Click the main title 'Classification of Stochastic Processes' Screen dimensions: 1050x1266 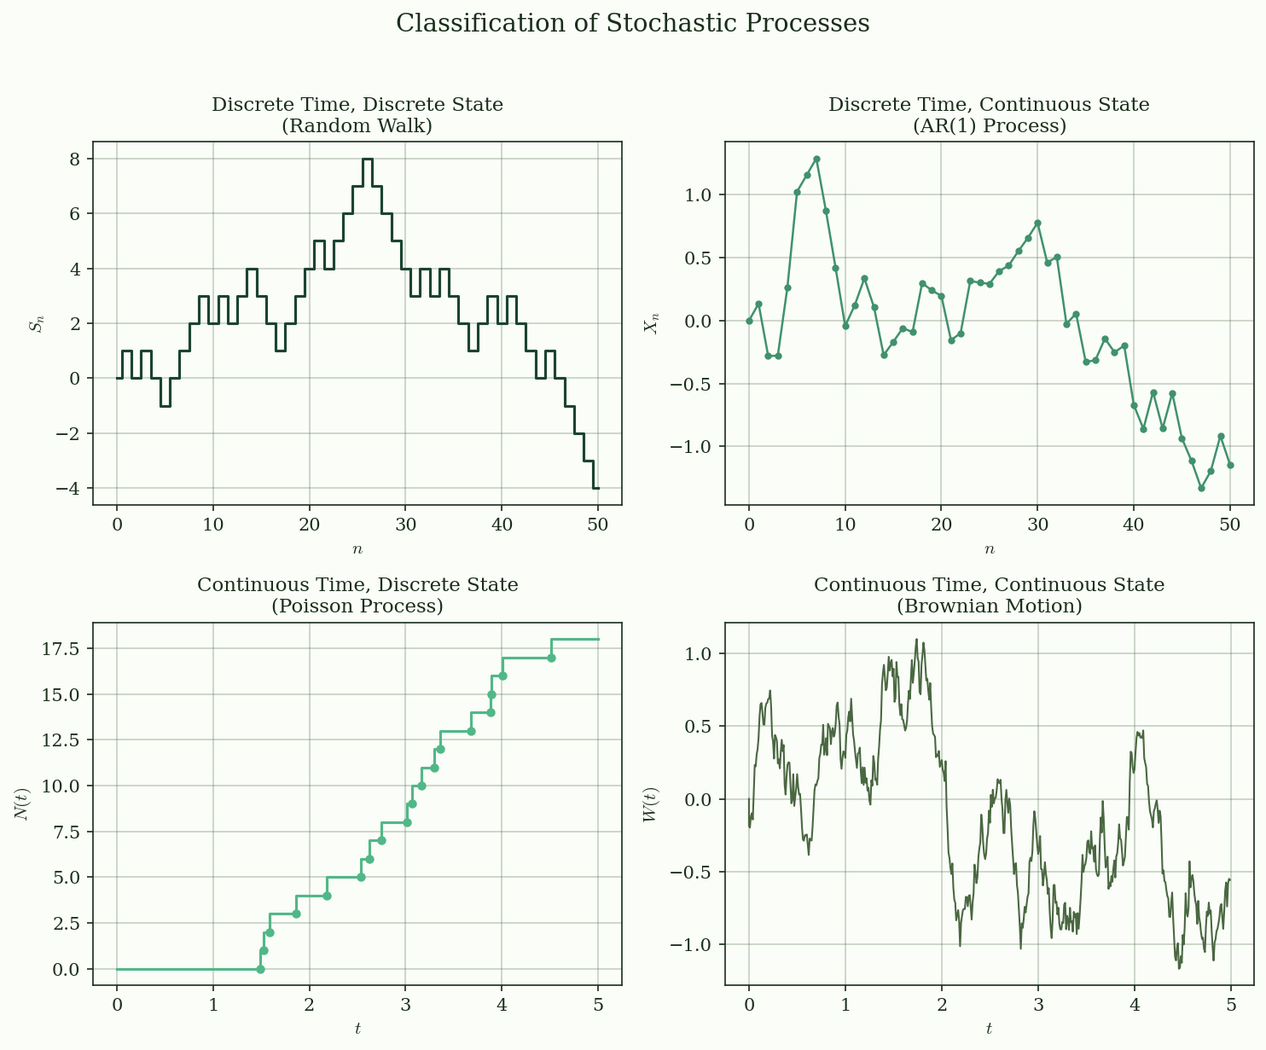click(632, 23)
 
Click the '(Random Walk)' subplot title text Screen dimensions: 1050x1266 click(357, 126)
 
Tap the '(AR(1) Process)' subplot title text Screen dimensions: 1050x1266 click(989, 126)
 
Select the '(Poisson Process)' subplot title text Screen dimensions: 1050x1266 click(357, 606)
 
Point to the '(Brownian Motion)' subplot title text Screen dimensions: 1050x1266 click(989, 606)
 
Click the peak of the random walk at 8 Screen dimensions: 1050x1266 click(367, 160)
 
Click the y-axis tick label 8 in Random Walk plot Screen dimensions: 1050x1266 click(74, 160)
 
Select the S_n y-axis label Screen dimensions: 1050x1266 click(36, 323)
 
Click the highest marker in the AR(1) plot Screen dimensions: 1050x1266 click(816, 159)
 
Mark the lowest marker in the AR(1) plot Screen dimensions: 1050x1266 click(1201, 488)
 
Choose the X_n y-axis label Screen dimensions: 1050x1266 click(653, 323)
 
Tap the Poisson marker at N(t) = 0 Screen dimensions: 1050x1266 click(260, 969)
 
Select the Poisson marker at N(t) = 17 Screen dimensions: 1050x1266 click(551, 658)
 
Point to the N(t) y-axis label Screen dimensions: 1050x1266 click(23, 803)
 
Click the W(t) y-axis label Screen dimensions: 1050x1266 click(650, 803)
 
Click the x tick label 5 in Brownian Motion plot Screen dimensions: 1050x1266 click(1230, 1004)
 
